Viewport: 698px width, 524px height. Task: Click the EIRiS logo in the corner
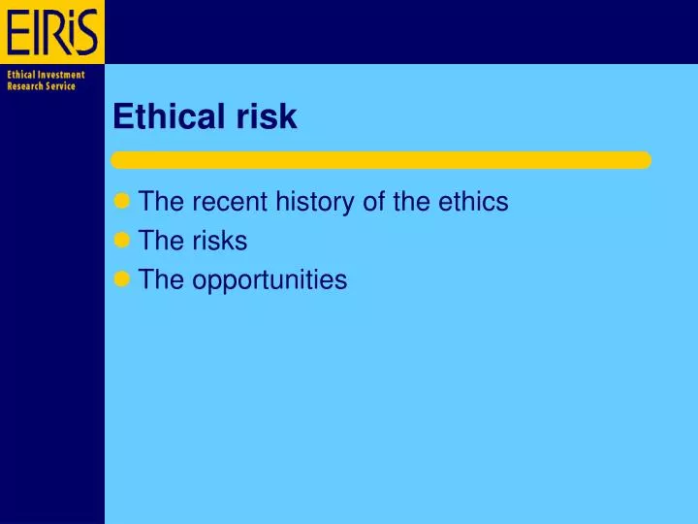(x=52, y=32)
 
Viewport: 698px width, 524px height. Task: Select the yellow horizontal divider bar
(x=380, y=160)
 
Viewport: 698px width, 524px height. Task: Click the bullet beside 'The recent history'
(x=121, y=202)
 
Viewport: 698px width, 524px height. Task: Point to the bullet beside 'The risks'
(x=121, y=241)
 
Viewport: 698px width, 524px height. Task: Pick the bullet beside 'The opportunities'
(x=121, y=279)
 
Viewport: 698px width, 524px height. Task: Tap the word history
(x=310, y=202)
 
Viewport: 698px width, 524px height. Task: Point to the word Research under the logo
(x=25, y=86)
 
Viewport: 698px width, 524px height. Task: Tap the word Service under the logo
(x=61, y=86)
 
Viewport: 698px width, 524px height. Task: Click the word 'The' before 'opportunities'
(x=162, y=279)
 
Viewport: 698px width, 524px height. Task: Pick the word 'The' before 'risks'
(x=162, y=241)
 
